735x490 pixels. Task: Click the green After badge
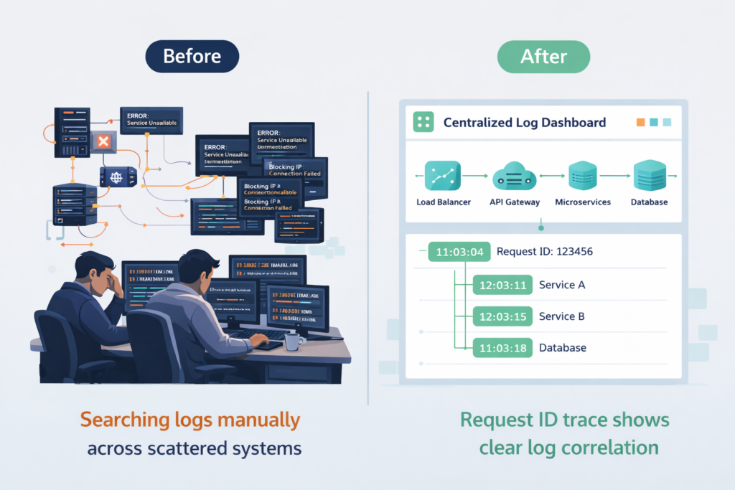point(543,56)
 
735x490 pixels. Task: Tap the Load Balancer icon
point(443,176)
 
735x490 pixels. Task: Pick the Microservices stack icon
point(582,176)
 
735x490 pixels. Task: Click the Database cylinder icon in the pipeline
point(650,176)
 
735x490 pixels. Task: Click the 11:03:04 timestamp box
point(460,252)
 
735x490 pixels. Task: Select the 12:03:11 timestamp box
point(502,285)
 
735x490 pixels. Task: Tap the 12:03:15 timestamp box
point(502,316)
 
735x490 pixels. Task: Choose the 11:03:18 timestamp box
point(502,348)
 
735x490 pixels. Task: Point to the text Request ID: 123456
point(545,252)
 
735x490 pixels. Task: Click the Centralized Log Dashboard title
point(524,123)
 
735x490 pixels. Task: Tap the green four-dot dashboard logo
point(423,123)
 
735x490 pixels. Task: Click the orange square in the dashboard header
point(640,123)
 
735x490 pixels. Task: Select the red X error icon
point(103,141)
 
